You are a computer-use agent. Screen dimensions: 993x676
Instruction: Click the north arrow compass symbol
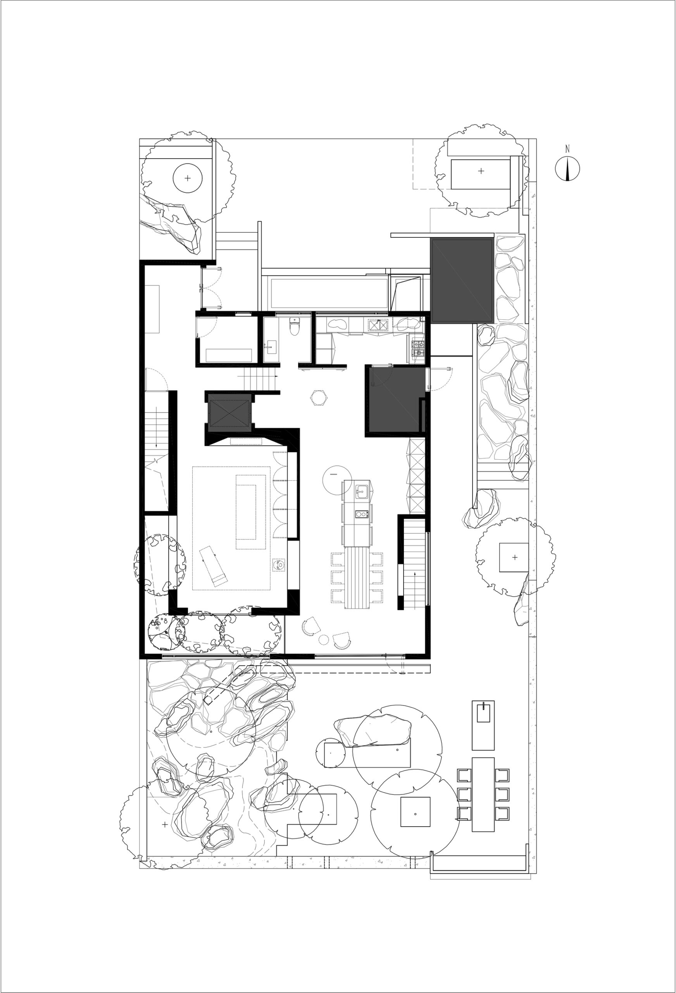point(567,168)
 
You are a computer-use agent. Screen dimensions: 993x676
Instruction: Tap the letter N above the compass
point(567,149)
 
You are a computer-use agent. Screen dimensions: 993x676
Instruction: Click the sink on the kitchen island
point(362,492)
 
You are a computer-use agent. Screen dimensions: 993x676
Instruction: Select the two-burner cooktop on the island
point(362,514)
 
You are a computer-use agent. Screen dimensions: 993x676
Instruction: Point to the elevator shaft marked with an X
point(228,413)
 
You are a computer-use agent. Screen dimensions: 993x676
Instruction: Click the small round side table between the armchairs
point(324,640)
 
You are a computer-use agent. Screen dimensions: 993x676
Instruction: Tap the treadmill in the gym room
point(214,566)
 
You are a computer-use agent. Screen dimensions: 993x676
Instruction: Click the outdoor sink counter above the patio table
point(483,725)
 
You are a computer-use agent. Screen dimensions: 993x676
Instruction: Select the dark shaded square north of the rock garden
point(462,281)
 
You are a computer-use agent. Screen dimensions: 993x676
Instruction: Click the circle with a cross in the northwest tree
point(188,178)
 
